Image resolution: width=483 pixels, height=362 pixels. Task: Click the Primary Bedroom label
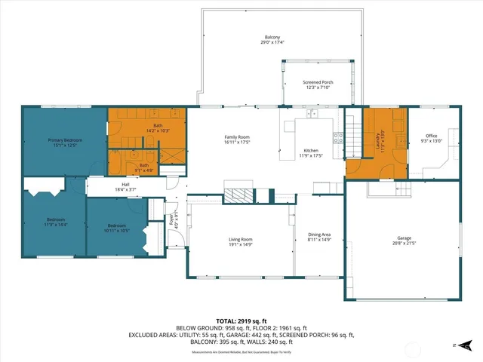pos(65,140)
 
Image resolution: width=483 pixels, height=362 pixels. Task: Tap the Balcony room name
pos(272,37)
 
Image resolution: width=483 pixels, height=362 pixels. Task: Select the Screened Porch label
pos(318,82)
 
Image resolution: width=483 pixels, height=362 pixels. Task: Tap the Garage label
pos(401,238)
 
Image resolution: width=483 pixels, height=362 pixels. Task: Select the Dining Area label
pos(320,235)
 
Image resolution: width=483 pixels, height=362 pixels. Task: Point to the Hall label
pos(125,183)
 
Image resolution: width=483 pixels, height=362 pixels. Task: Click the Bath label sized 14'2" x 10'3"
pos(158,125)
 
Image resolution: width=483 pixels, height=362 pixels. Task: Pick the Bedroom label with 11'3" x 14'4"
pos(54,219)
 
